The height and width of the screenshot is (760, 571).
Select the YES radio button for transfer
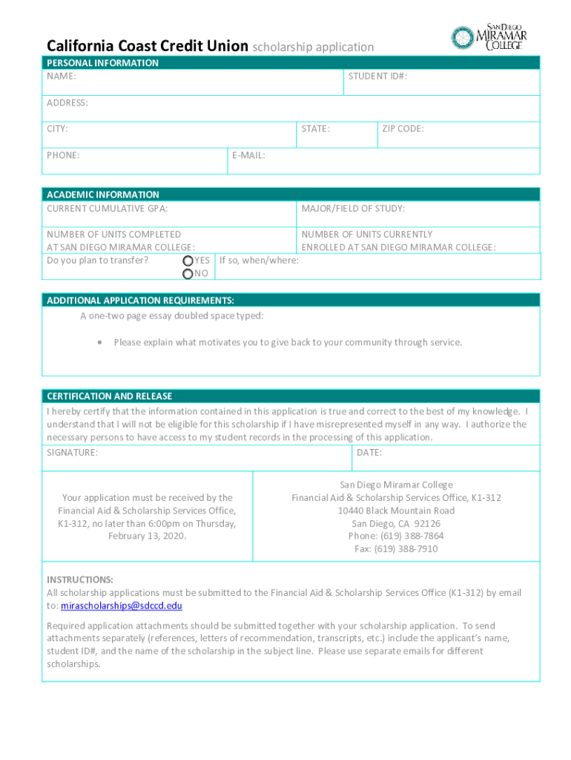coord(188,261)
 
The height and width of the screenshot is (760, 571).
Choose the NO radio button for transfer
coord(188,275)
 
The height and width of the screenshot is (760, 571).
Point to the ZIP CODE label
coord(403,129)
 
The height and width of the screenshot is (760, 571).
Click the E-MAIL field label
coord(248,156)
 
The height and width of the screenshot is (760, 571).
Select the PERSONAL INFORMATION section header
coord(102,63)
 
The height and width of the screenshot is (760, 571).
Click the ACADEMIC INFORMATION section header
coord(102,194)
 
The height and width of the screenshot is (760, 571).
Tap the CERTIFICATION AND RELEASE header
coord(109,396)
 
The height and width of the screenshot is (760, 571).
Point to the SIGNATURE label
coord(72,453)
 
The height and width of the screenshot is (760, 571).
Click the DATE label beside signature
coord(369,453)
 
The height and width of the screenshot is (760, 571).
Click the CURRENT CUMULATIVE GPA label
coord(107,209)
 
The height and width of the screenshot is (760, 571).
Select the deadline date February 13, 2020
coord(147,536)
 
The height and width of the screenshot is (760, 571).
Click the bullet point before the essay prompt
coord(99,343)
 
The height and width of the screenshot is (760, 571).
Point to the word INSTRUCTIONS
coord(80,580)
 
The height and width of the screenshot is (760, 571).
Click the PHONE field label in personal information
coord(63,156)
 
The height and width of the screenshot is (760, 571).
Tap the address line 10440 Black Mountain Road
coord(396,511)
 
